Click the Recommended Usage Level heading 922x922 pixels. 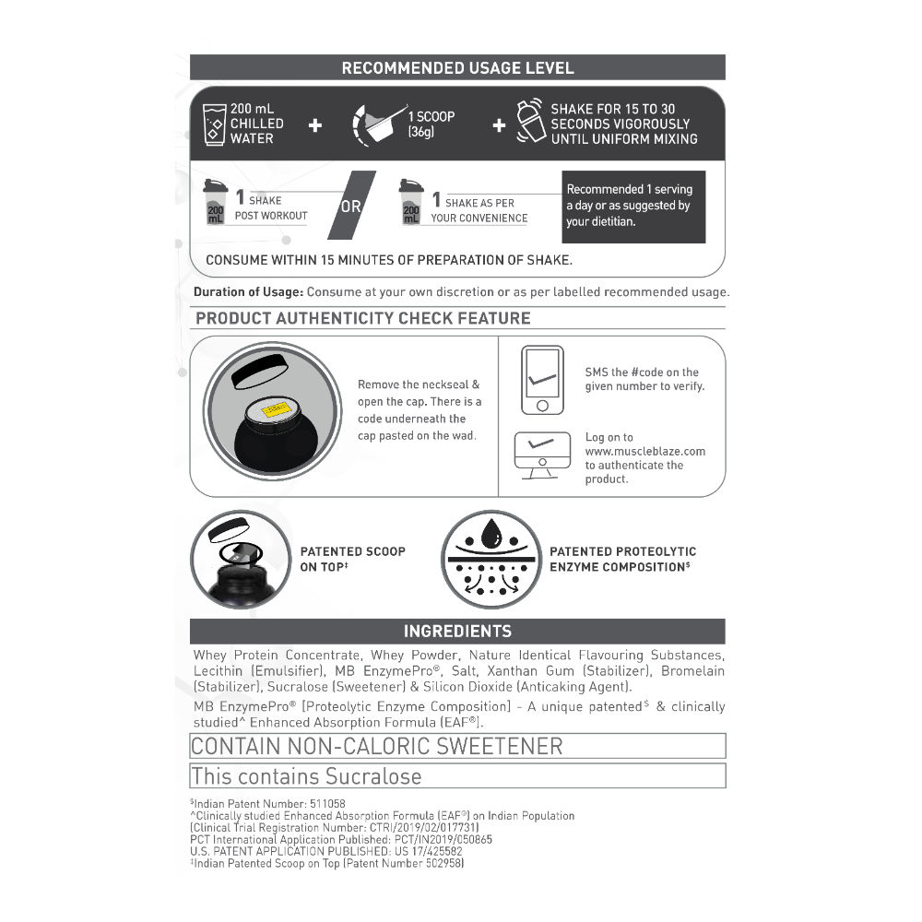[457, 67]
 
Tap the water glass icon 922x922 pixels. [215, 124]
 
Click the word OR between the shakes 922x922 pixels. [351, 207]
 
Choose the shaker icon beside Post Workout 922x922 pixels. [215, 203]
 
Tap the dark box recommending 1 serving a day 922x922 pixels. [633, 206]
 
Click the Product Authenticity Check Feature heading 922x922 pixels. [363, 318]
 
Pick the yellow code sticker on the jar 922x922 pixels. [275, 408]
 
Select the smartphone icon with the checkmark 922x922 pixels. [541, 379]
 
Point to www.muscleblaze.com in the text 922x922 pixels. [644, 452]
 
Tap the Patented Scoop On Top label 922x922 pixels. [352, 559]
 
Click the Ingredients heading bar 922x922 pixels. [457, 632]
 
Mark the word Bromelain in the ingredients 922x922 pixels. [692, 670]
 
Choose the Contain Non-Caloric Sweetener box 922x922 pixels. [457, 745]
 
